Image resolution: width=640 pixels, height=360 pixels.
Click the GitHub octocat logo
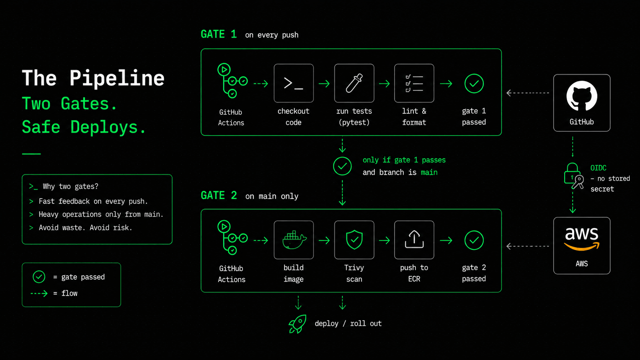tap(582, 96)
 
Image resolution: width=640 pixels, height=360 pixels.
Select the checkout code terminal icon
tap(294, 83)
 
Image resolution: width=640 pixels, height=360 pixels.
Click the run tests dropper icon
tap(354, 83)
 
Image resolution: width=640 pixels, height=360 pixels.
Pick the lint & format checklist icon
tap(414, 83)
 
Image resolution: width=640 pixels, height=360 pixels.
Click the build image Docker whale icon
tap(294, 240)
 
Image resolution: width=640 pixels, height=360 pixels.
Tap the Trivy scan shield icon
tap(354, 240)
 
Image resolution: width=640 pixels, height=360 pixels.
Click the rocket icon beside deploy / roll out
tap(297, 324)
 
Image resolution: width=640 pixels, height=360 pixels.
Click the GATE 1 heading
tap(219, 34)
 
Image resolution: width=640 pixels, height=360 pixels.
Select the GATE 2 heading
tap(219, 195)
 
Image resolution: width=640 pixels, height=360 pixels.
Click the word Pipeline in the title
tap(117, 78)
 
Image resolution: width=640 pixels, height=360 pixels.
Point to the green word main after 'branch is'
tap(429, 173)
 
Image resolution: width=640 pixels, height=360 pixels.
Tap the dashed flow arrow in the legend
tap(39, 293)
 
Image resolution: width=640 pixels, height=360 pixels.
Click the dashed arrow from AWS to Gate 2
tap(528, 246)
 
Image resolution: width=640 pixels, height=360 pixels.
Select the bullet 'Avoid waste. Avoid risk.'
tap(85, 228)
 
